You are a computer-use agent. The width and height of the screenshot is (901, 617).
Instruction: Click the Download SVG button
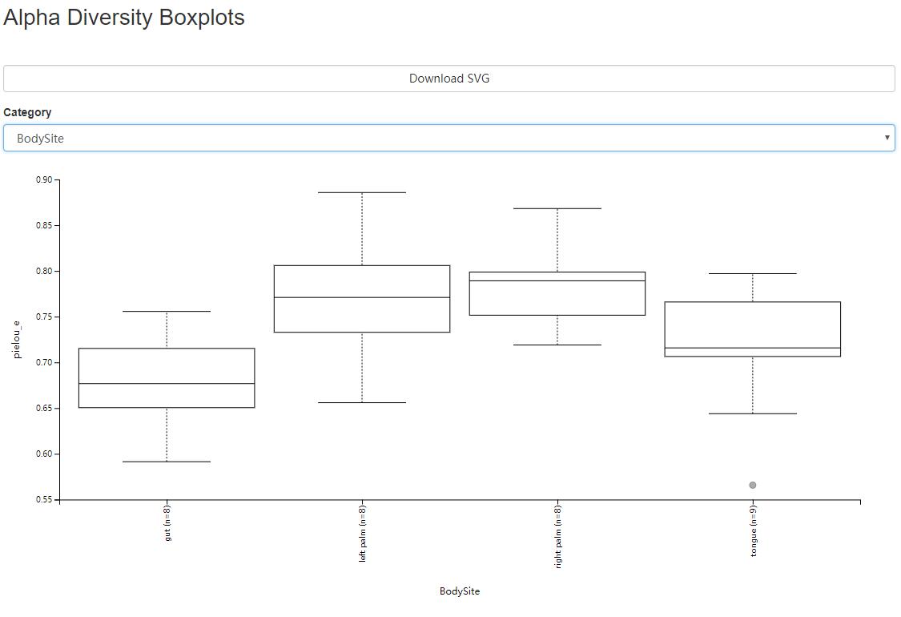tap(448, 79)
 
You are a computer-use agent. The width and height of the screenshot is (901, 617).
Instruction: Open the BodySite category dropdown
tap(448, 138)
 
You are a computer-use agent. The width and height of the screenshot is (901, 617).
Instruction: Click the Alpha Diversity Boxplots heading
tap(124, 18)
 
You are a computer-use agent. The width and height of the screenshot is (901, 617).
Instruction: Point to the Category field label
tap(27, 112)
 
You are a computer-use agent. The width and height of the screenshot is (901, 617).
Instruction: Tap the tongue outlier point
tap(753, 485)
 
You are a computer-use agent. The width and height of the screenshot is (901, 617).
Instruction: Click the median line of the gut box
tap(167, 384)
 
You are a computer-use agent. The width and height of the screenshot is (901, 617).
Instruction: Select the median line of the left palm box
tap(362, 297)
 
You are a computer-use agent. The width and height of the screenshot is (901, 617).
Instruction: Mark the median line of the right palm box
tap(557, 280)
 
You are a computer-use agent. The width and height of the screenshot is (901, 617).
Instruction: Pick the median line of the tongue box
tap(753, 348)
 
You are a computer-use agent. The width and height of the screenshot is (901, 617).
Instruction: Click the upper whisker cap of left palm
tap(362, 192)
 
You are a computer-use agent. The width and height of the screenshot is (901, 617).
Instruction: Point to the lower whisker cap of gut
tap(167, 462)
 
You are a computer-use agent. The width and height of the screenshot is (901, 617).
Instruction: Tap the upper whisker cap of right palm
tap(557, 208)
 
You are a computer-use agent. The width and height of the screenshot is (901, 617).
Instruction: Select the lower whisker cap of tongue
tap(753, 413)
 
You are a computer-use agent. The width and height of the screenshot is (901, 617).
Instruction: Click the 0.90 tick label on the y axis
tap(43, 179)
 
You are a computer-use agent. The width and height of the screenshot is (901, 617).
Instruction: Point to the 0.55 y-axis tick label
tap(43, 499)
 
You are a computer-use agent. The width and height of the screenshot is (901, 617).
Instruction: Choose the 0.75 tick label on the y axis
tap(43, 317)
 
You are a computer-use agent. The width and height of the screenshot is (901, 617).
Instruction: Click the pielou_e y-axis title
tap(17, 338)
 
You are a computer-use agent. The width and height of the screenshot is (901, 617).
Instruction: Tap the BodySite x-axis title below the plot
tap(460, 591)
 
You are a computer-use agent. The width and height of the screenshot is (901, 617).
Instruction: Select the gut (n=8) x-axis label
tap(167, 522)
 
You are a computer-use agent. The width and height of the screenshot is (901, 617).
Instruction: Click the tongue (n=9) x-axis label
tap(754, 530)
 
